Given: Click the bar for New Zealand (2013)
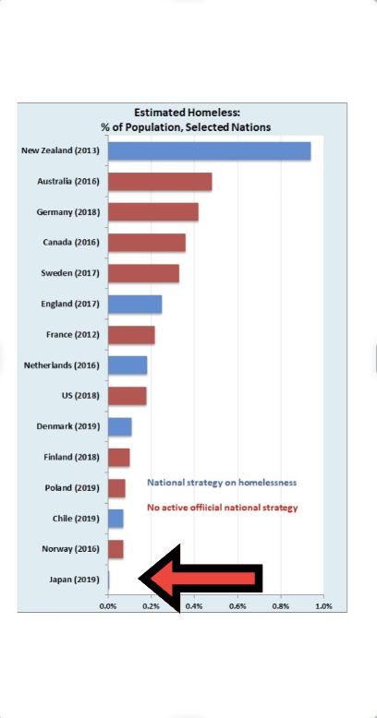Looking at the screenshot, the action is [x=210, y=151].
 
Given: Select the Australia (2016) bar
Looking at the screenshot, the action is [x=160, y=182].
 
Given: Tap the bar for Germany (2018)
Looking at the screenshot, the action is [x=153, y=212].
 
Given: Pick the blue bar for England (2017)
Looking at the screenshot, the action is [x=135, y=305].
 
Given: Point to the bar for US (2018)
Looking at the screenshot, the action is [x=128, y=396].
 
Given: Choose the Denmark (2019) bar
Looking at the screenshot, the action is [x=120, y=426].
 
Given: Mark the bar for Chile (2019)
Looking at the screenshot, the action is [x=116, y=519].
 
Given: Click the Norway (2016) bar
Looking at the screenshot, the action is [x=116, y=549].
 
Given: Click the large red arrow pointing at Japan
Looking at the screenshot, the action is [x=200, y=579].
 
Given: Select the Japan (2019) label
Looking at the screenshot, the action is [x=74, y=580].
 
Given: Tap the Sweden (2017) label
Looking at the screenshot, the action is [x=70, y=273].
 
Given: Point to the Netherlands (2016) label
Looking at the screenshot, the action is [x=62, y=365].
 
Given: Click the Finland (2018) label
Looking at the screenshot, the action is [x=71, y=457].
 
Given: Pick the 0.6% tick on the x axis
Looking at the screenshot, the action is [x=238, y=606].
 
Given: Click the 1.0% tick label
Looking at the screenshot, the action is [x=323, y=606].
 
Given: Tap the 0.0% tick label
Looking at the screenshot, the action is [x=108, y=606].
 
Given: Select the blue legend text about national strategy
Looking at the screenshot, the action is [x=222, y=483].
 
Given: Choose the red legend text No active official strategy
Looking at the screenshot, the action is [x=223, y=508].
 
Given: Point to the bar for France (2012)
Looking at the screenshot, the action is [x=131, y=335].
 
